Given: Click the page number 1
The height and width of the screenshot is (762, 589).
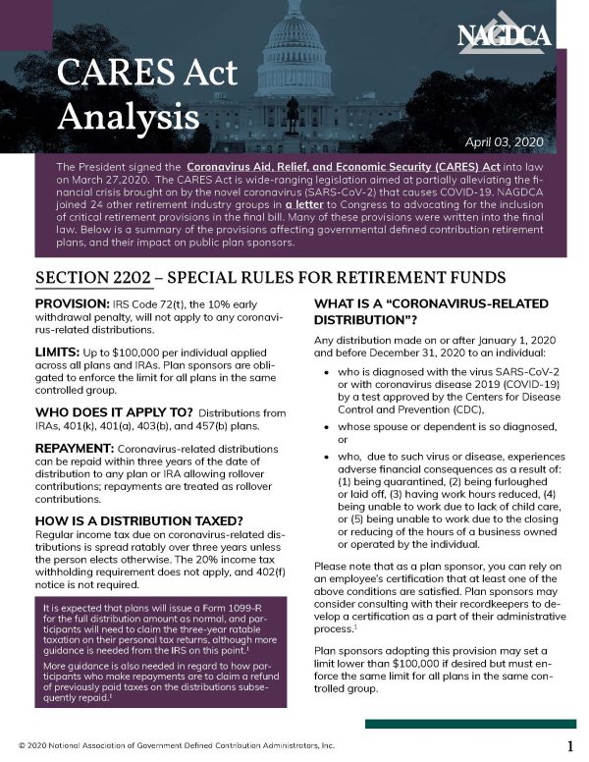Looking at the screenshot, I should pos(569,745).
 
